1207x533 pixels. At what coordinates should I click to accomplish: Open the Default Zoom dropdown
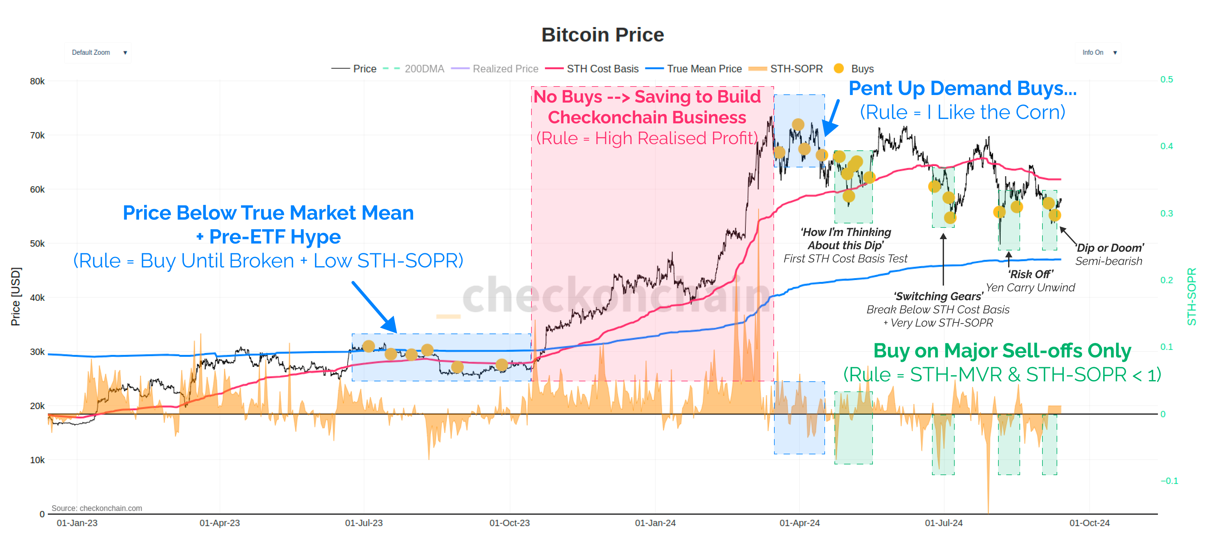[x=98, y=53]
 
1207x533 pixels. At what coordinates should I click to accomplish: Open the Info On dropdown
[x=1098, y=53]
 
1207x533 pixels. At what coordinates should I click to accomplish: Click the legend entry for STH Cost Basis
[x=602, y=69]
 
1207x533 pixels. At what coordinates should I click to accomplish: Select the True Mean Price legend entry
[x=704, y=69]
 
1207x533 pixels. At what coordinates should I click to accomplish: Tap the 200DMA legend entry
[x=424, y=69]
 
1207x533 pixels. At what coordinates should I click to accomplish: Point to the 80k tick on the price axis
[x=37, y=81]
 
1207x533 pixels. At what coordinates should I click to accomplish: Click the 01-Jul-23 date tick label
[x=364, y=523]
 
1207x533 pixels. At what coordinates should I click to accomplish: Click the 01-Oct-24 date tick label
[x=1089, y=523]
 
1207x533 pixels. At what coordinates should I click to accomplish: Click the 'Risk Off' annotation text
[x=1030, y=274]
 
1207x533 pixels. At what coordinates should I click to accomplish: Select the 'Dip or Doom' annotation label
[x=1109, y=248]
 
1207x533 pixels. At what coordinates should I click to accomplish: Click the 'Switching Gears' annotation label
[x=938, y=296]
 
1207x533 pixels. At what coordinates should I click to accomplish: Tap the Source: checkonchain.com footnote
[x=97, y=508]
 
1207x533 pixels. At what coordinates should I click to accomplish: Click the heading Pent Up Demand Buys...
[x=963, y=88]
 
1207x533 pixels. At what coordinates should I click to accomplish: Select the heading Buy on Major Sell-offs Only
[x=1002, y=351]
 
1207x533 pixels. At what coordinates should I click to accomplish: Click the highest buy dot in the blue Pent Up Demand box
[x=798, y=125]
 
